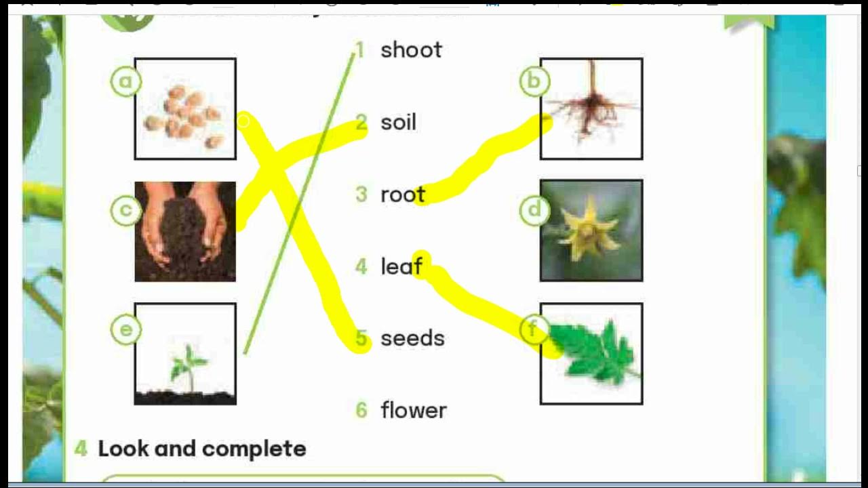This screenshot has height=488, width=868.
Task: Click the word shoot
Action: click(411, 50)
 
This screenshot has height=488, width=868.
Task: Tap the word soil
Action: click(398, 123)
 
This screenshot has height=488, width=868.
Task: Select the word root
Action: click(402, 195)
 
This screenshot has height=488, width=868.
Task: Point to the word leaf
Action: click(401, 267)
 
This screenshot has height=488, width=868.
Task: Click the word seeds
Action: click(412, 338)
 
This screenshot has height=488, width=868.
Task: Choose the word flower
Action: click(414, 410)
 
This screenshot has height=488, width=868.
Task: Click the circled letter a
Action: click(125, 82)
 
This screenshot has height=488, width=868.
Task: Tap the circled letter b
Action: click(534, 82)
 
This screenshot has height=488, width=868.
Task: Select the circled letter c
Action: click(125, 211)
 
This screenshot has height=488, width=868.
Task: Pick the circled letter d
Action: click(534, 211)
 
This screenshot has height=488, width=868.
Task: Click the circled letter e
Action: click(125, 330)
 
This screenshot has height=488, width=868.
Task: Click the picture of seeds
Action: click(185, 115)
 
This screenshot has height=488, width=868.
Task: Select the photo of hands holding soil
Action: click(185, 231)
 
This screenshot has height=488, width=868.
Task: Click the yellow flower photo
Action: click(591, 230)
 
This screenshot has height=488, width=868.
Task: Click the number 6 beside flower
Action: click(361, 410)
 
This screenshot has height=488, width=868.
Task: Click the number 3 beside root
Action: click(361, 195)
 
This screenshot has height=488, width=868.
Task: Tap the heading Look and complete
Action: click(201, 449)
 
